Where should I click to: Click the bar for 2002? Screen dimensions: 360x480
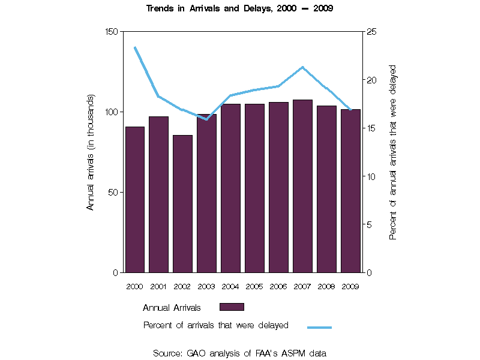pyautogui.click(x=182, y=204)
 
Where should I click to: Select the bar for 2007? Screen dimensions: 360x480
pyautogui.click(x=302, y=186)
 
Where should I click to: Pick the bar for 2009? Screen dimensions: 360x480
pyautogui.click(x=350, y=191)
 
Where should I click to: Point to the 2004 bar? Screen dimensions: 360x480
pyautogui.click(x=230, y=188)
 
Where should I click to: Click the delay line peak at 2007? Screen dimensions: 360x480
pyautogui.click(x=302, y=67)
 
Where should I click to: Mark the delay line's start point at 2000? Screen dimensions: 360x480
pyautogui.click(x=134, y=47)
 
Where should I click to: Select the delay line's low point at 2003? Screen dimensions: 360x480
pyautogui.click(x=206, y=119)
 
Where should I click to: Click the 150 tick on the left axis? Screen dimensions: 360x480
pyautogui.click(x=113, y=31)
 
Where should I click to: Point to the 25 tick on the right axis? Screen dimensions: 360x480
pyautogui.click(x=371, y=31)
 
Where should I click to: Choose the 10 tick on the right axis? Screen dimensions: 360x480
pyautogui.click(x=371, y=176)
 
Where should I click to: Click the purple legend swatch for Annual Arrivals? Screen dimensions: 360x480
pyautogui.click(x=232, y=307)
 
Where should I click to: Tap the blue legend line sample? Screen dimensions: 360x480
pyautogui.click(x=319, y=328)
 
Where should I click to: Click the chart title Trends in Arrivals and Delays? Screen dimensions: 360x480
pyautogui.click(x=239, y=9)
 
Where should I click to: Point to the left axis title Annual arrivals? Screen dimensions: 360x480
pyautogui.click(x=91, y=152)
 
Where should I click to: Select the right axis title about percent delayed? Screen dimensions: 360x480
pyautogui.click(x=393, y=152)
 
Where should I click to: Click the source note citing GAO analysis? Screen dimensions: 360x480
pyautogui.click(x=239, y=353)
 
